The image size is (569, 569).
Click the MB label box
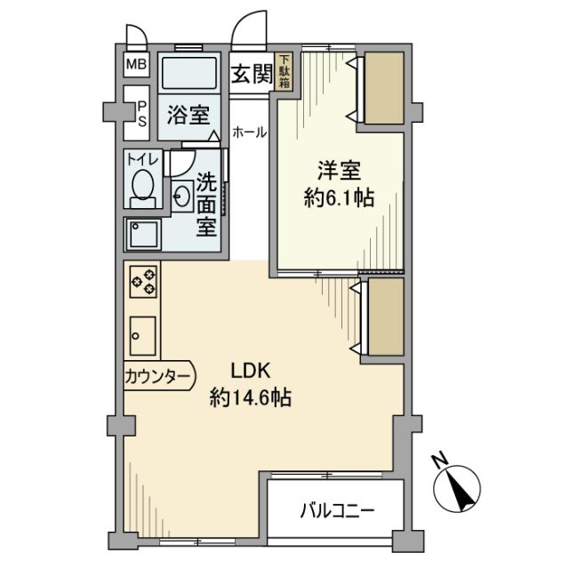pos(136,64)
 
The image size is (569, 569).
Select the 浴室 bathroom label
pos(189,114)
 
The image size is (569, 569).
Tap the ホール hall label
pos(249,132)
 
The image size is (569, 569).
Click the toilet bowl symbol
pos(141,187)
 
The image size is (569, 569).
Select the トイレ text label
pos(141,160)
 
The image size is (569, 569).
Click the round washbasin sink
pos(182,196)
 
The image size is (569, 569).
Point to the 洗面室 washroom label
pos(206,204)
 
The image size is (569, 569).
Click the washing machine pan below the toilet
pos(142,235)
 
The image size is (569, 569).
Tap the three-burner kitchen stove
pos(143,282)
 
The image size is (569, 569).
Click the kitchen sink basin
pos(142,336)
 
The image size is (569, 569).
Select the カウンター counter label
pos(156,377)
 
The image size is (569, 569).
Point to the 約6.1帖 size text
pos(338,197)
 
